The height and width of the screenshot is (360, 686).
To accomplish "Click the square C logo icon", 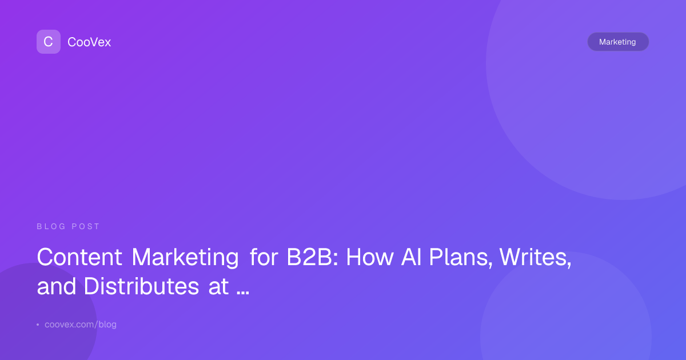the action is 49,42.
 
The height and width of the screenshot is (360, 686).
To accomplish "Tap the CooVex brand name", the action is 89,42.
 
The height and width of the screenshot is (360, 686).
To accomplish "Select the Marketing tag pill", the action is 618,42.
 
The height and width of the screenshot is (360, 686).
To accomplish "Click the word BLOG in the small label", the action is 51,226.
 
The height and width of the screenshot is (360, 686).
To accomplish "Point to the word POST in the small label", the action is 85,226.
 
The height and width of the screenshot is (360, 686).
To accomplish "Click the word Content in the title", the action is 79,257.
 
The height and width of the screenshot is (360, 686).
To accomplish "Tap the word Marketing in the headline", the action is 185,258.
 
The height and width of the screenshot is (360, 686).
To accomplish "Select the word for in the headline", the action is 264,257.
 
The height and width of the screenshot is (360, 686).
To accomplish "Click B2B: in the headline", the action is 312,257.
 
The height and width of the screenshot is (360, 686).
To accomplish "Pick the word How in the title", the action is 370,257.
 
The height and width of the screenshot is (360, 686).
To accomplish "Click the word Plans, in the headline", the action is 460,257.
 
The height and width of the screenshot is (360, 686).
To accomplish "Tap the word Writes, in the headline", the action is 535,257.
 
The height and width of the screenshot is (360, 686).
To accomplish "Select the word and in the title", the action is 57,286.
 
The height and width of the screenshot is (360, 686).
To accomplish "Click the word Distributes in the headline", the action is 142,286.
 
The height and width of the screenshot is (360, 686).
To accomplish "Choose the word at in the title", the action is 218,286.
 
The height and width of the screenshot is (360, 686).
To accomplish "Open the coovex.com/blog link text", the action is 81,325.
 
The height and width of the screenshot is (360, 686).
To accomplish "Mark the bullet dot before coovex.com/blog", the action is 38,325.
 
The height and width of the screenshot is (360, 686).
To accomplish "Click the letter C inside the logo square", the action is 48,42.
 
